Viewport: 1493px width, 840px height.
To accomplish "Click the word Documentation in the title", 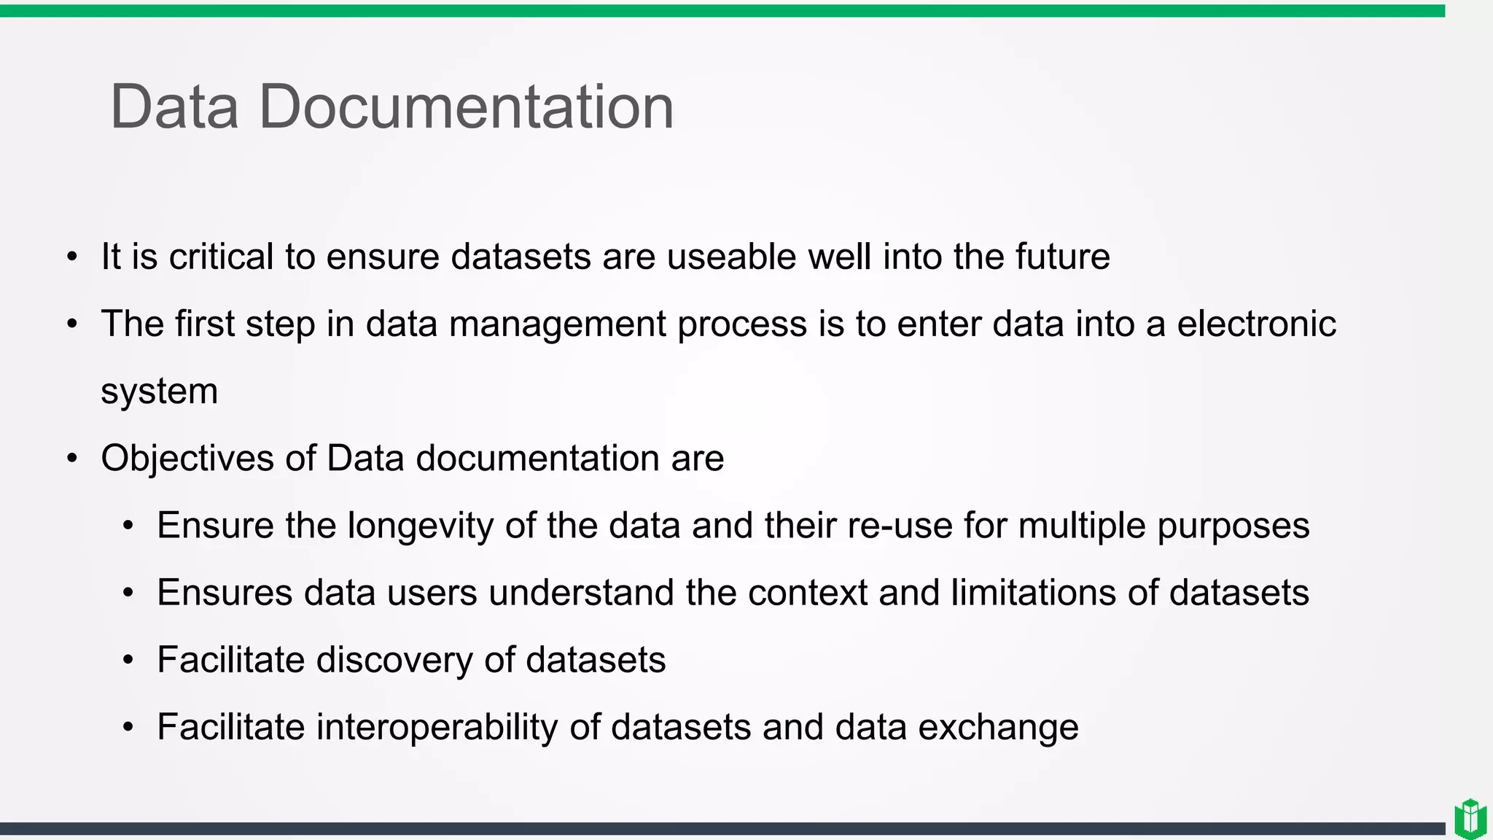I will tap(467, 107).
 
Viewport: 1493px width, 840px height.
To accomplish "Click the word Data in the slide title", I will tap(174, 107).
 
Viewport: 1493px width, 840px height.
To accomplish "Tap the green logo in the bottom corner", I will tap(1470, 819).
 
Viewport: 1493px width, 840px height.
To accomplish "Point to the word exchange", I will tap(998, 728).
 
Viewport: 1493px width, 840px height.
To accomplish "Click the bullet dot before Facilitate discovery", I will tap(128, 661).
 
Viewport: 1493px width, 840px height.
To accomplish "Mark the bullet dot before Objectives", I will tap(71, 459).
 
